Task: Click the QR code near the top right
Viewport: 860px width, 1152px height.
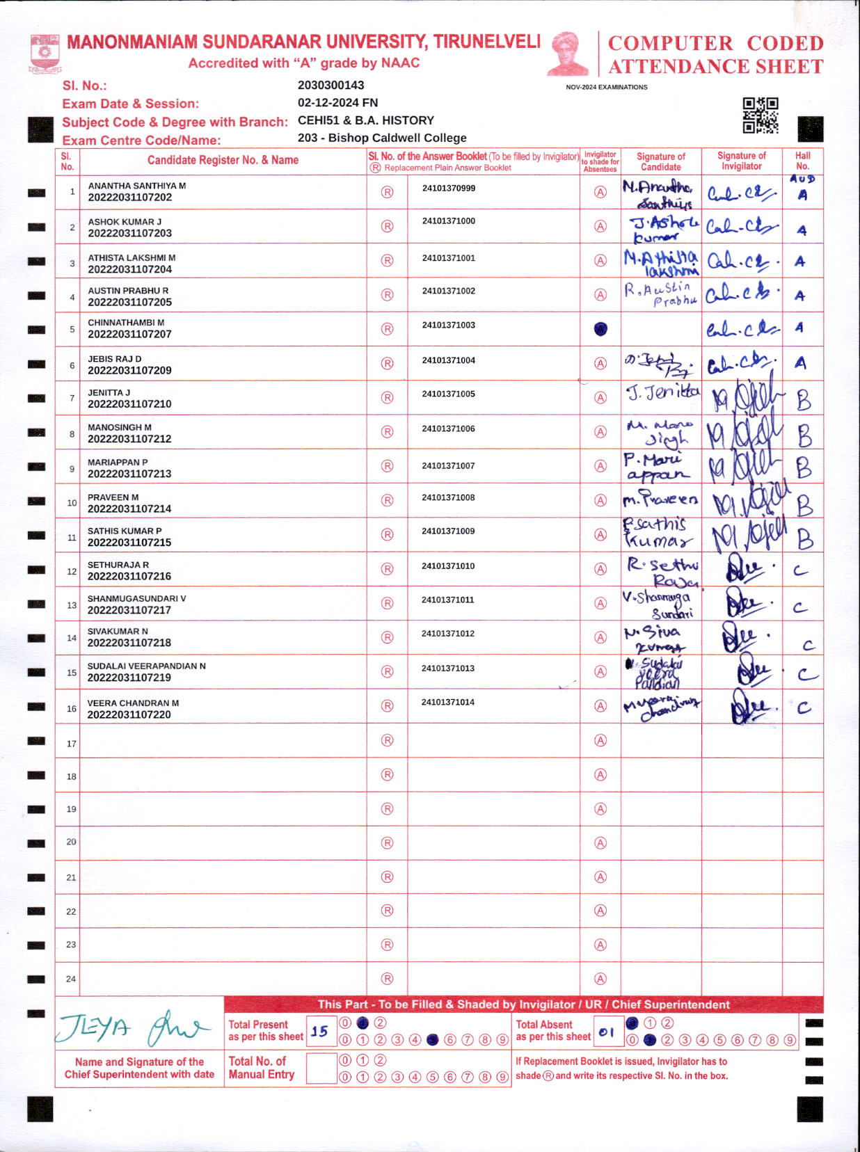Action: coord(760,115)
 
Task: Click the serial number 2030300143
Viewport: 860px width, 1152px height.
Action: coord(331,86)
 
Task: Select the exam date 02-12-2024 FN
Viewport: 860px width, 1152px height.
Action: coord(337,103)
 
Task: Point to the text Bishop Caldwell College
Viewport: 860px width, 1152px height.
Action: coord(397,138)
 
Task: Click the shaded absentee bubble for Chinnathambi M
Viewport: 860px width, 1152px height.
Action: coord(600,329)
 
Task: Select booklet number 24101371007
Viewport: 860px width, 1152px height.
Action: coord(448,465)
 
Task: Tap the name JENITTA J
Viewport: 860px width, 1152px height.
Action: coord(109,393)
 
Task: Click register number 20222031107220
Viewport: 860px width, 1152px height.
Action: coord(129,714)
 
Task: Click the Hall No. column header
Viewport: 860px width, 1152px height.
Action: coord(802,161)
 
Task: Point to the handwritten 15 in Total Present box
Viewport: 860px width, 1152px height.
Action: coord(320,1032)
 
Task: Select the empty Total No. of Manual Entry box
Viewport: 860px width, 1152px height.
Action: coord(321,1069)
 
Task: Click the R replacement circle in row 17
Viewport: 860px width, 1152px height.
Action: coord(388,741)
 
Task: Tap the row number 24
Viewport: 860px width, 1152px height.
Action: coord(71,979)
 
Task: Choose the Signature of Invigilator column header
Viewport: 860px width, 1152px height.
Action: coord(741,161)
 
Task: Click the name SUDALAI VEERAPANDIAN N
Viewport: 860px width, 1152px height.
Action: coord(146,666)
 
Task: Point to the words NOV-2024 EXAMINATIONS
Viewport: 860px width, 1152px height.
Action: coord(606,88)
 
